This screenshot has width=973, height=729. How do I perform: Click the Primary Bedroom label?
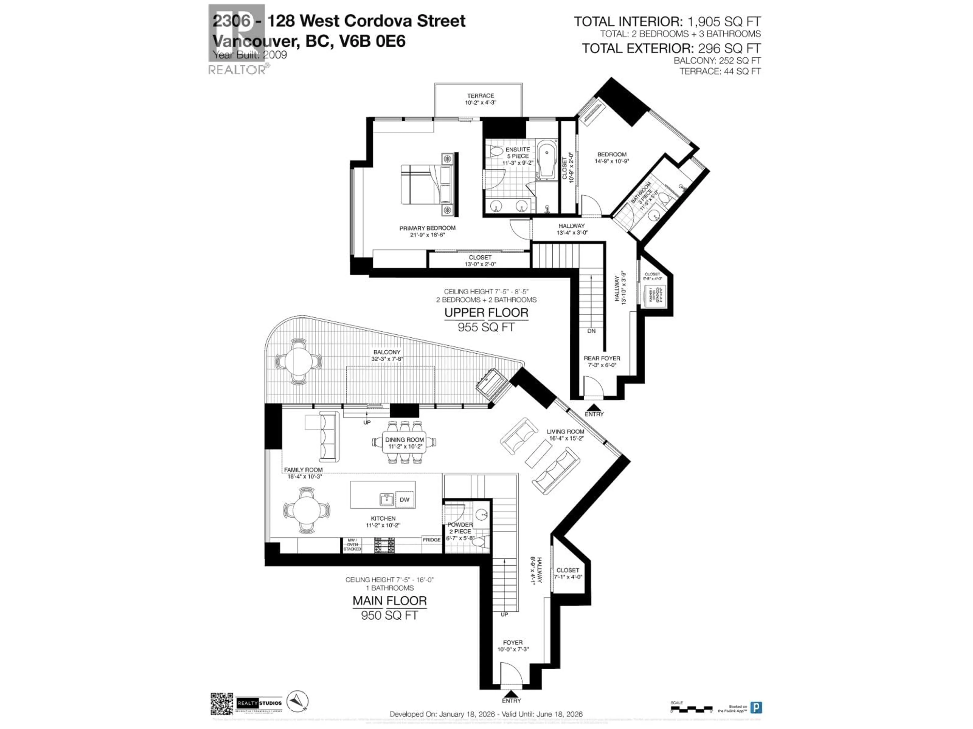[427, 231]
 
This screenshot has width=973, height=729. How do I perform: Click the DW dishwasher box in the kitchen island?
[404, 500]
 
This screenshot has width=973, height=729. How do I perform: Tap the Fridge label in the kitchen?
[432, 540]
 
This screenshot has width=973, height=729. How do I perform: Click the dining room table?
[404, 442]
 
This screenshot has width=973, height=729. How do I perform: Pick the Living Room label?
[565, 435]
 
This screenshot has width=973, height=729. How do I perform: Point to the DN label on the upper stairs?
[591, 331]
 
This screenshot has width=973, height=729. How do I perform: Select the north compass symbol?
[297, 701]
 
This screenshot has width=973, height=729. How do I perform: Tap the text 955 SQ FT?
[486, 327]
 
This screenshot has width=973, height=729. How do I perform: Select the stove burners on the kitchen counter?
[384, 545]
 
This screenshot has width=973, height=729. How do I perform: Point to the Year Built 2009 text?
[250, 55]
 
